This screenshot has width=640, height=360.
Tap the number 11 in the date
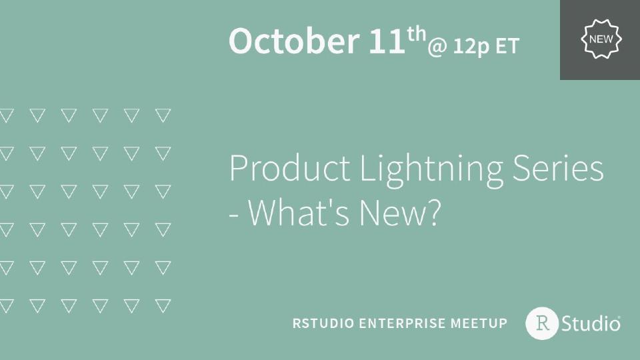coord(387,41)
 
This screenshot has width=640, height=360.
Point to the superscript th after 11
coord(417,33)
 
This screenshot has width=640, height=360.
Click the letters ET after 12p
coord(507,47)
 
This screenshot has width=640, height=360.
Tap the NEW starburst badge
coord(601,39)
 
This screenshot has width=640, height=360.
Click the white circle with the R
coord(542,323)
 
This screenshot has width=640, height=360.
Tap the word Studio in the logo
coord(591,324)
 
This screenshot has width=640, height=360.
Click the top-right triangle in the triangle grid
coord(163,115)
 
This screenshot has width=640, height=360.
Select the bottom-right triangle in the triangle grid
coord(163,306)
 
